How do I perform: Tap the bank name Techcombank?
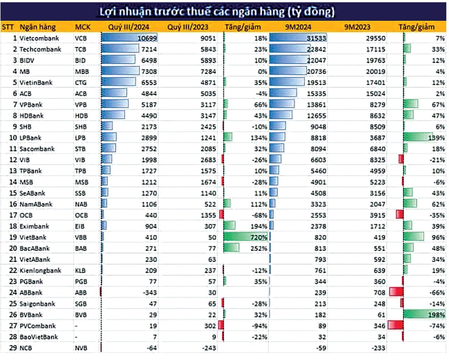point(40,49)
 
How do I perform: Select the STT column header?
point(8,27)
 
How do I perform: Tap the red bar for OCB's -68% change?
point(221,215)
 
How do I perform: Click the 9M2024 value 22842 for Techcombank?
point(316,49)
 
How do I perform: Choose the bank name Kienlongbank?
point(40,270)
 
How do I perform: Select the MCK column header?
point(83,27)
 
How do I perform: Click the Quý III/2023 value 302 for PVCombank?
point(211,326)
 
